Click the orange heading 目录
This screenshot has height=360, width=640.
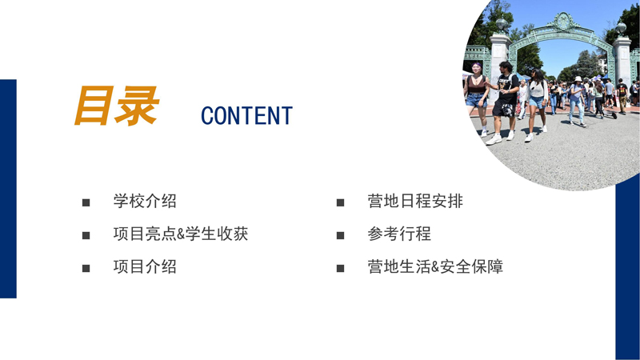point(116,106)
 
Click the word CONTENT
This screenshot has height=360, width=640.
point(246,116)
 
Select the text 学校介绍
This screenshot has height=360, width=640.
point(145,202)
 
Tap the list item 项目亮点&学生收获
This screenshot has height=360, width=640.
point(181,234)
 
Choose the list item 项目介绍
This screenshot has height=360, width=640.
point(145,267)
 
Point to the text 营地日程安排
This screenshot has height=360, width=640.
point(415,202)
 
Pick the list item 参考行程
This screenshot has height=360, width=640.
point(399,234)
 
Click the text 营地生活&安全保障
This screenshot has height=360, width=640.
point(435,267)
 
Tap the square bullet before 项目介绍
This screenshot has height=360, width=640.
point(86,268)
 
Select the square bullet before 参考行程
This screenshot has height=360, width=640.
point(341,236)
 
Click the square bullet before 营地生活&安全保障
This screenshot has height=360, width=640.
point(341,268)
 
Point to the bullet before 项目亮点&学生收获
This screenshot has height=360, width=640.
point(86,236)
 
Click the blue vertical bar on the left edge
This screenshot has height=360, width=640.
point(8,188)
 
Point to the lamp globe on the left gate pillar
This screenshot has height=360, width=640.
point(501,24)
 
